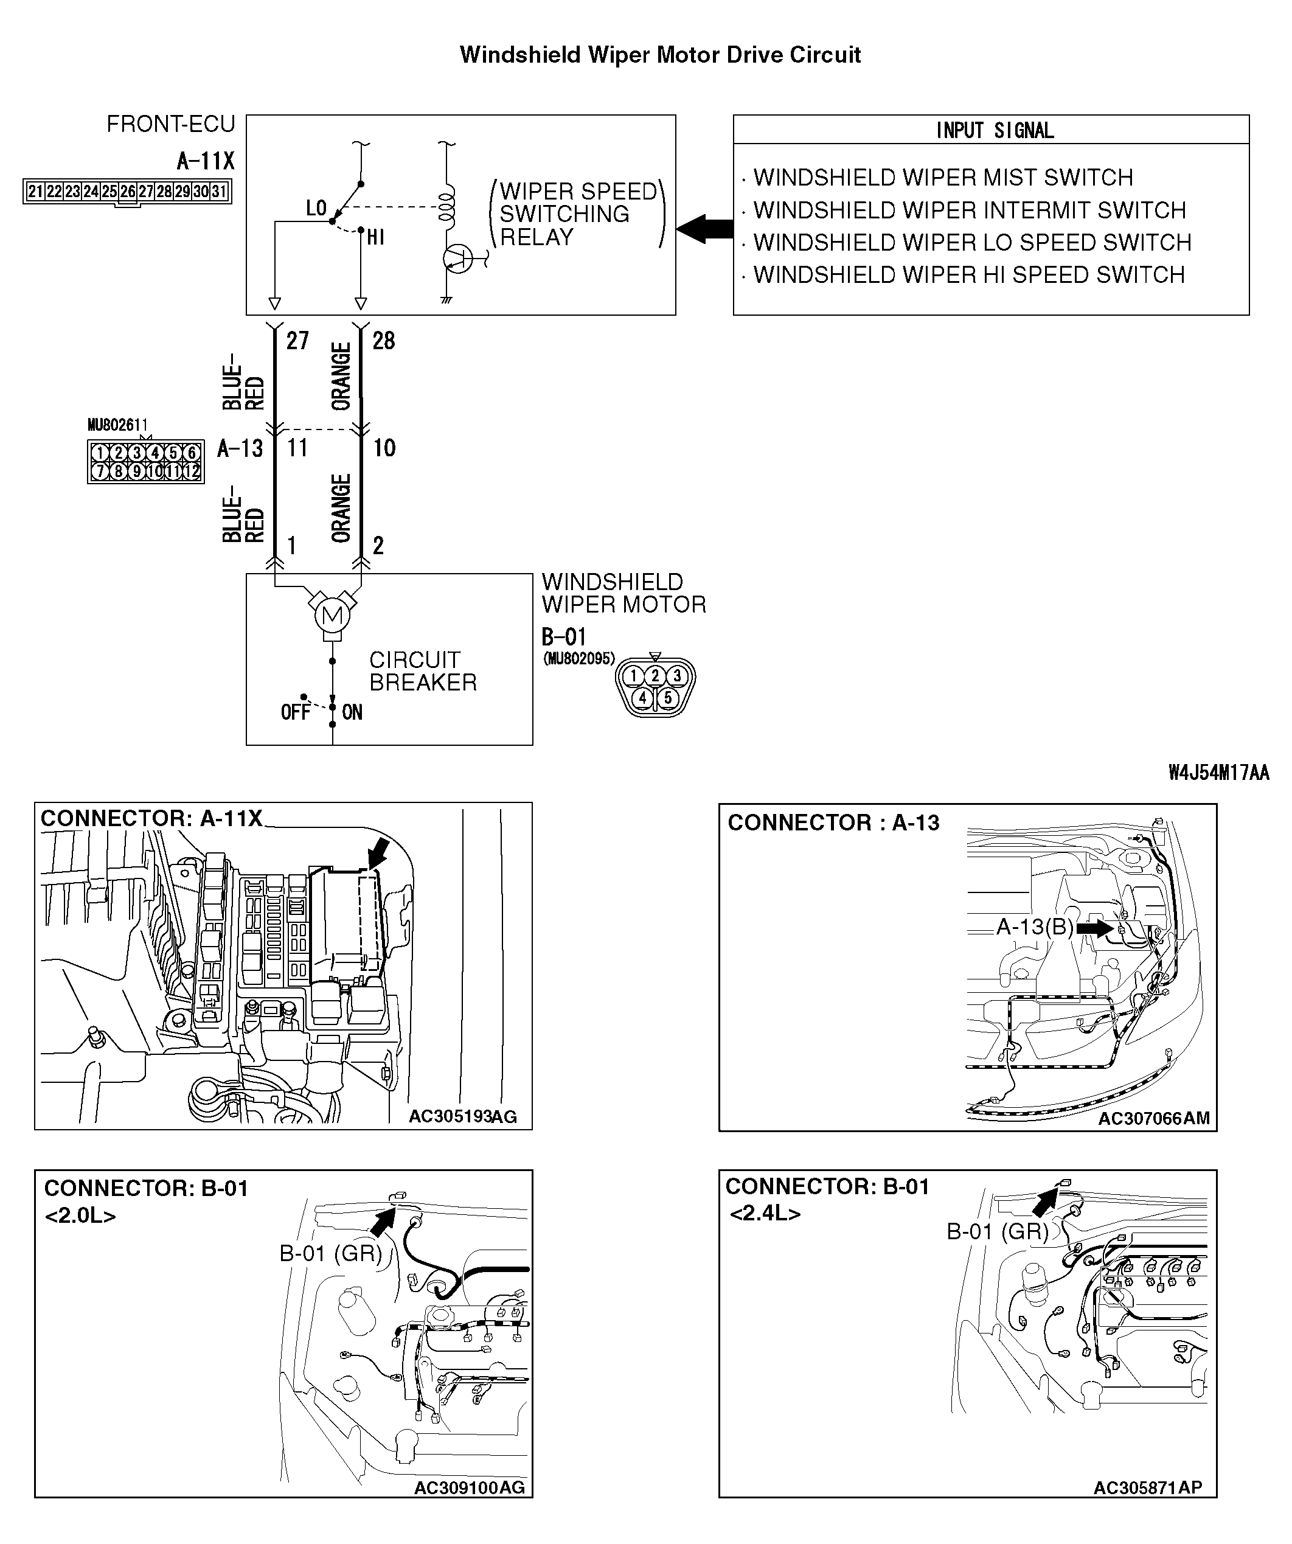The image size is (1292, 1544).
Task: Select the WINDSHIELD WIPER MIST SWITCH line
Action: coord(943,178)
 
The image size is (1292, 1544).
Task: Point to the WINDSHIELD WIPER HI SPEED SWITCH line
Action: coord(968,275)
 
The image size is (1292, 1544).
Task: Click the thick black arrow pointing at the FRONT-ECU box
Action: coord(704,229)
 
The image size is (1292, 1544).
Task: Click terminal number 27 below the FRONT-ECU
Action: coord(297,341)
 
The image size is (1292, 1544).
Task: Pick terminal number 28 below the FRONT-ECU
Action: coord(383,341)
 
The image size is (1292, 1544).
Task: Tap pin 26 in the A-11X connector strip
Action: coord(128,192)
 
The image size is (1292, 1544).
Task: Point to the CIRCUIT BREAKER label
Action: coord(422,671)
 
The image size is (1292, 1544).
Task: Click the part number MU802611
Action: coord(117,425)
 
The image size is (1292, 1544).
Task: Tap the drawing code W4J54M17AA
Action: coord(1218,773)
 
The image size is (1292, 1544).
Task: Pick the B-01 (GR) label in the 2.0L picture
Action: coord(330,1253)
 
